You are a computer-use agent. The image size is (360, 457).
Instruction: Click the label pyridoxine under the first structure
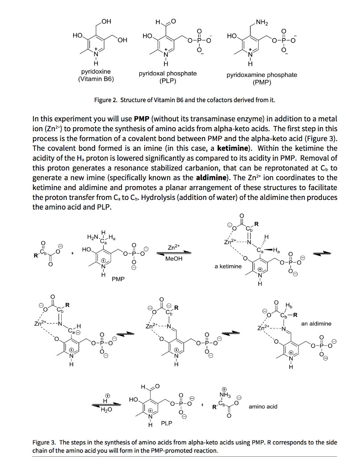pos(96,71)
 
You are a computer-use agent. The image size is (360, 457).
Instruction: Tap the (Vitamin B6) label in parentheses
pos(96,79)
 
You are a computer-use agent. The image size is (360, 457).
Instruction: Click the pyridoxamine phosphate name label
pos(261,75)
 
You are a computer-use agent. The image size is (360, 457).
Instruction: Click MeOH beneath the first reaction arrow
pos(174,258)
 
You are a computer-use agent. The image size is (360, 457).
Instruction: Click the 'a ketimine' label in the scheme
pos(228,266)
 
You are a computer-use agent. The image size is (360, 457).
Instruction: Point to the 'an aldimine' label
pos(316,324)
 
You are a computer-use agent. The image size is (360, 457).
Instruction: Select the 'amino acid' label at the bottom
pos(263,406)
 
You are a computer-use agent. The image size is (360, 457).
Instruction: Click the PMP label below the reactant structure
pos(118,279)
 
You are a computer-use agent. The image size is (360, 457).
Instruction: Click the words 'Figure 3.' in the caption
pos(45,442)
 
